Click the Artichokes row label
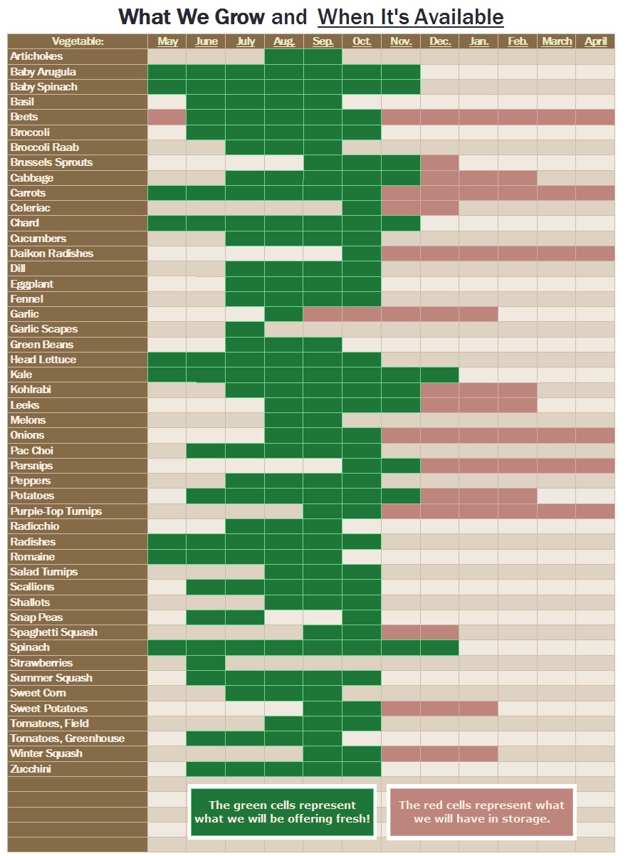tap(37, 56)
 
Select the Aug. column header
tap(283, 41)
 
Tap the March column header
tap(556, 41)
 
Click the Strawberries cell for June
tap(206, 663)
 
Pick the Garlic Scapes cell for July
tap(245, 329)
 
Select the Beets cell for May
tap(167, 117)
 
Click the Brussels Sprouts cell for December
tap(439, 162)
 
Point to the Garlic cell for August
tap(283, 314)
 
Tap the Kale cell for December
tap(439, 375)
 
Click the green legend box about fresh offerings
tap(283, 812)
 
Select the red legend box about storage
tap(481, 812)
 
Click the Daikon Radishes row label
tap(52, 254)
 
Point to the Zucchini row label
tap(31, 769)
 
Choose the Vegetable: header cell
tap(78, 41)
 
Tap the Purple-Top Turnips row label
tap(56, 511)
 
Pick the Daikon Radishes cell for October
tap(362, 254)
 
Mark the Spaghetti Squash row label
tap(54, 632)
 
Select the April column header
tap(595, 41)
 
